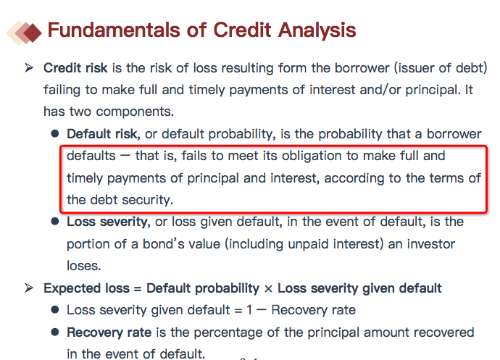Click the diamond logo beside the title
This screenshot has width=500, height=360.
click(24, 33)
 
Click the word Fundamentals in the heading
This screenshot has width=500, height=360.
click(114, 30)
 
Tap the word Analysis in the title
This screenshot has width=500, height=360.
click(317, 30)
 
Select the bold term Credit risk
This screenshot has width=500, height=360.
click(75, 68)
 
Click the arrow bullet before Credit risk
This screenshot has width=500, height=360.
click(29, 68)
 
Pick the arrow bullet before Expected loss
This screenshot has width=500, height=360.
click(29, 288)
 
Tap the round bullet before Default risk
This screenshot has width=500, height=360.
click(55, 133)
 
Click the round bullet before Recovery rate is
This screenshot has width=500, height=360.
click(55, 332)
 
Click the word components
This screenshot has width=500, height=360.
click(135, 112)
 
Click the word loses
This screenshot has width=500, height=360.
click(83, 266)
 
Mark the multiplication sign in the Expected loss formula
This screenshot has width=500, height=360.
click(269, 289)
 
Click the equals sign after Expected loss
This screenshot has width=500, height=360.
click(138, 289)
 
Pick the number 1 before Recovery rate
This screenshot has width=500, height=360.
click(249, 310)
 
